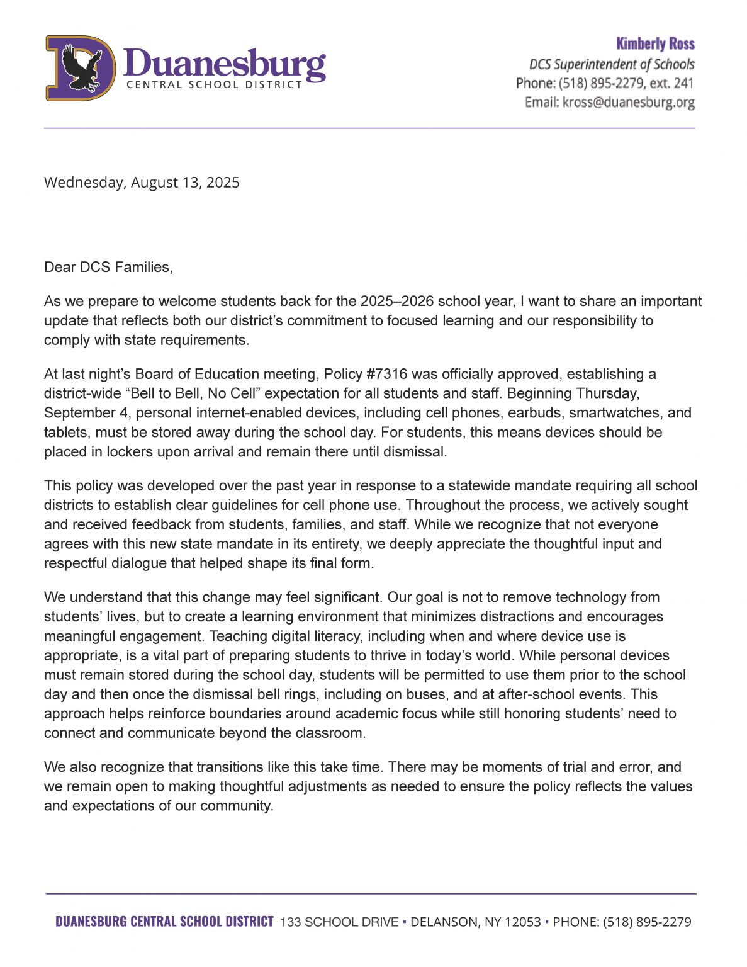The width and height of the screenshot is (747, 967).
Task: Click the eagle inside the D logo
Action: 80,67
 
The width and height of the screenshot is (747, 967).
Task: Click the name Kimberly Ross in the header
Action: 655,44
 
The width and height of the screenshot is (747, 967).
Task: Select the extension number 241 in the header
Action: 683,83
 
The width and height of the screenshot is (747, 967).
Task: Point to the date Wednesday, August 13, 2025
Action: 142,183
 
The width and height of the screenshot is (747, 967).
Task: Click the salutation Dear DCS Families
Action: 108,267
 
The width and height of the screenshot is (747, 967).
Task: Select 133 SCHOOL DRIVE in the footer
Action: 339,922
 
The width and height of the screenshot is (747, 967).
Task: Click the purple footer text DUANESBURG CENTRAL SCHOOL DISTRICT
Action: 164,922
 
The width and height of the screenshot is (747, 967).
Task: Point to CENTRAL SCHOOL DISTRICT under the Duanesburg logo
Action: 214,85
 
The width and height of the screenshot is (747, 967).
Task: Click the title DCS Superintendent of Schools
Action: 611,64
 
